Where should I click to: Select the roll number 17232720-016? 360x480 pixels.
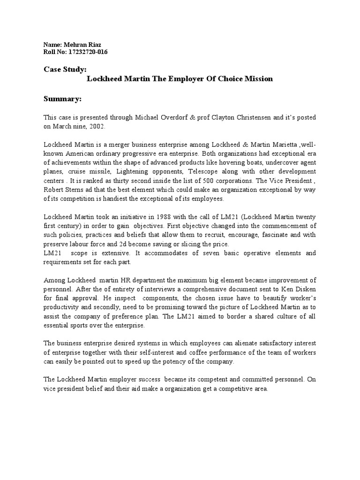click(88, 52)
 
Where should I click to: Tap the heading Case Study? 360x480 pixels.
click(65, 69)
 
